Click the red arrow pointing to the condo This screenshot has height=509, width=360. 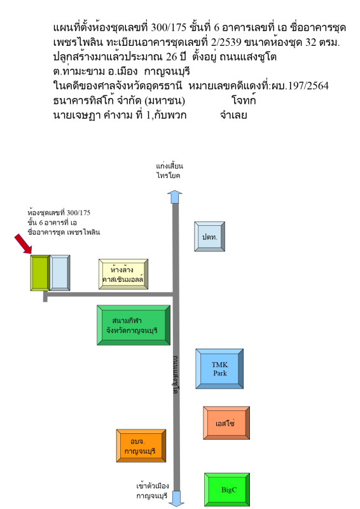tap(24, 244)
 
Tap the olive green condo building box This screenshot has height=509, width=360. tap(39, 273)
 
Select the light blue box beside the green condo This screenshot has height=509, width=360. tap(60, 273)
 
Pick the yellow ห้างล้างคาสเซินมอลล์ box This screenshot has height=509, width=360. tap(123, 274)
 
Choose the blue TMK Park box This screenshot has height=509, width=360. tap(219, 368)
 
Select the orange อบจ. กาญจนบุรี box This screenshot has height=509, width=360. tap(141, 445)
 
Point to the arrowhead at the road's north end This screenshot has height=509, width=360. tap(176, 196)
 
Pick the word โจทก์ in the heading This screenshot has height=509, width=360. tap(244, 101)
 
